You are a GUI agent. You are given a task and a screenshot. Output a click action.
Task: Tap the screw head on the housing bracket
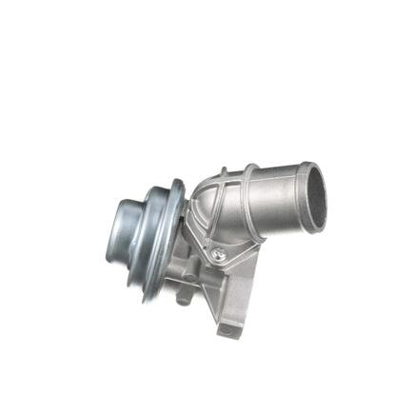[218, 252]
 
